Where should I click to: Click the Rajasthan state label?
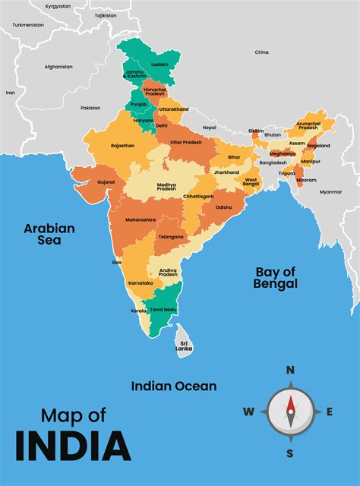[122, 145]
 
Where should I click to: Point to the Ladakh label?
[160, 64]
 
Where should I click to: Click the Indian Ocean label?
[174, 386]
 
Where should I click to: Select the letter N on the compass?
[289, 370]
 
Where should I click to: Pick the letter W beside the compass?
[248, 412]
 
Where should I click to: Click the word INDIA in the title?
[73, 445]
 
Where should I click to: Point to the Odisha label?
[224, 207]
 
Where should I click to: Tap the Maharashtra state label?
[141, 219]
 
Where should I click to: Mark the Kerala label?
[138, 311]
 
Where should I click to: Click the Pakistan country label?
[90, 108]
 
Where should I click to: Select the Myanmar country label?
[330, 192]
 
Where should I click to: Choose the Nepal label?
[209, 128]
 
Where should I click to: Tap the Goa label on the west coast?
[117, 262]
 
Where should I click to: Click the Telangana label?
[171, 237]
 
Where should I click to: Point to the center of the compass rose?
[289, 412]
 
